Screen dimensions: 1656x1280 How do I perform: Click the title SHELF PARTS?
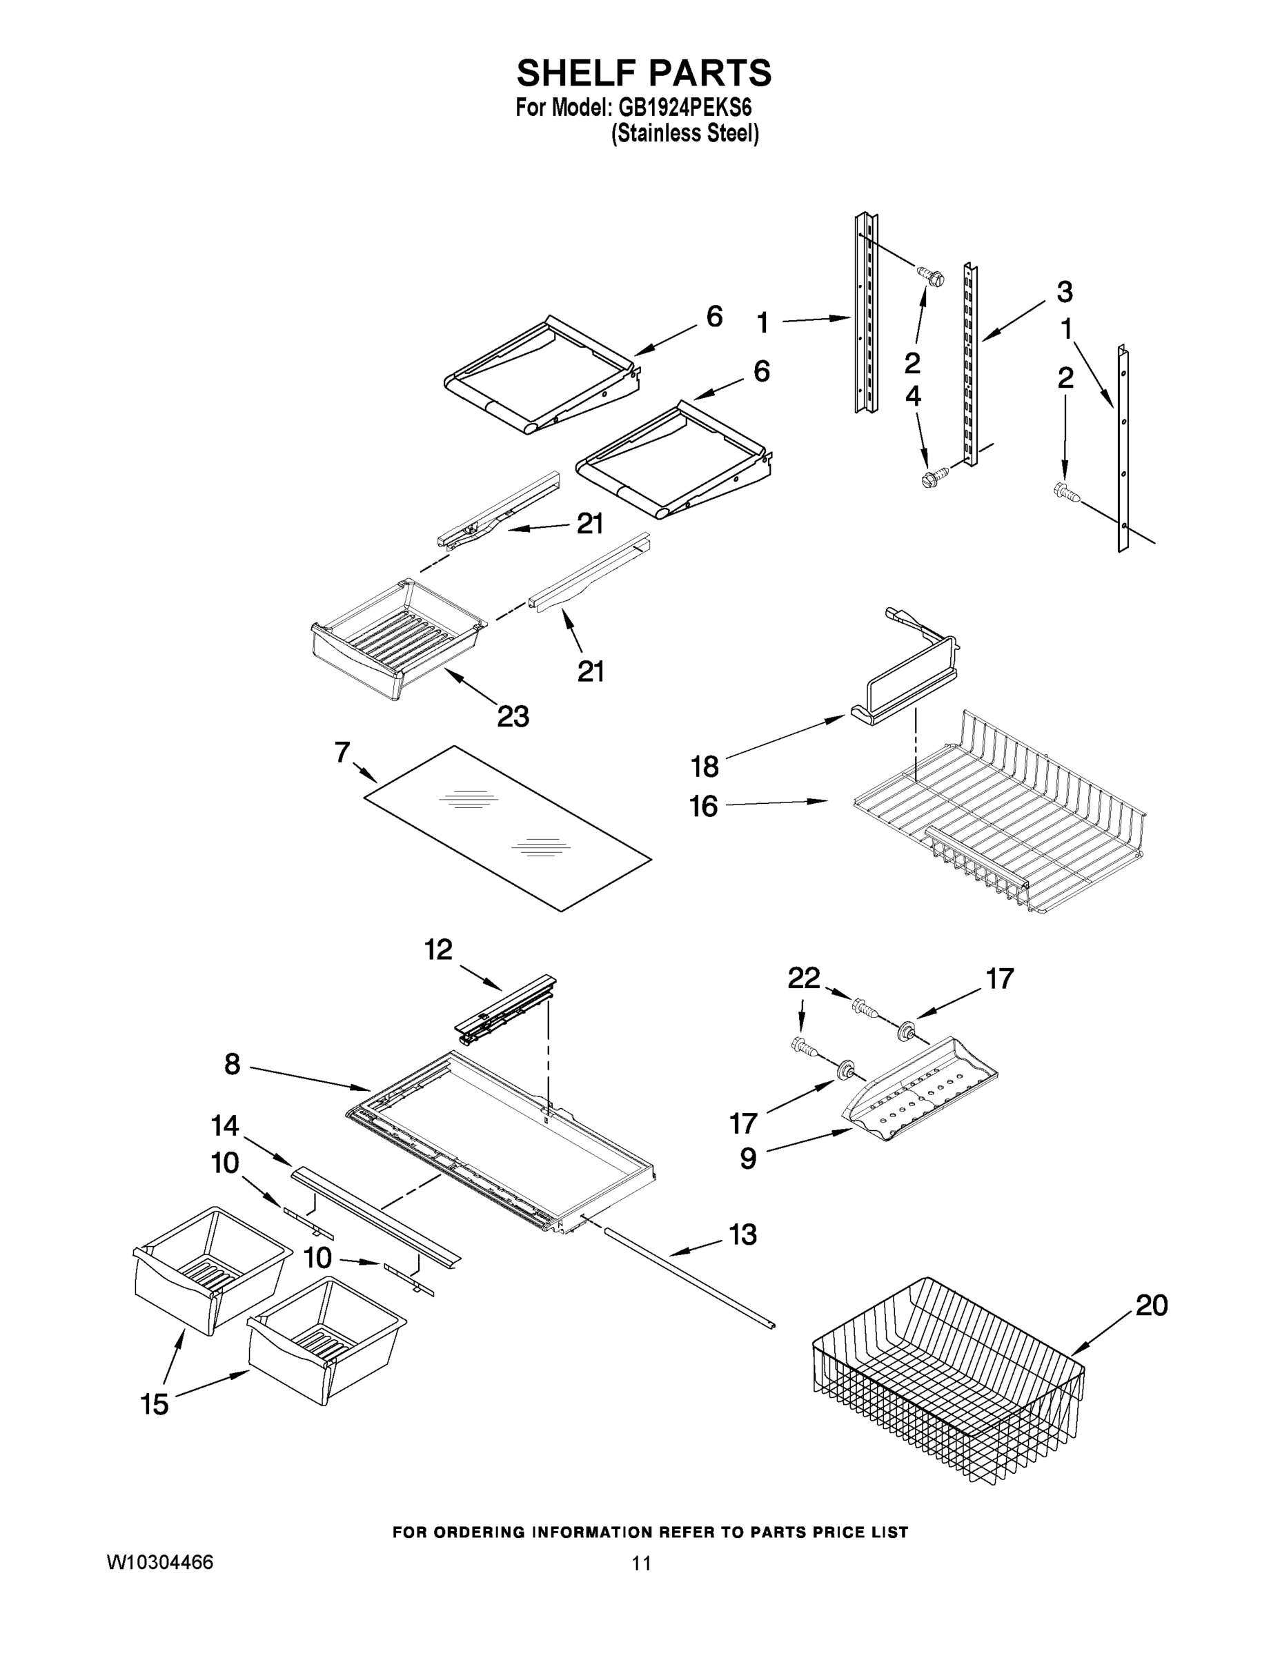pyautogui.click(x=644, y=74)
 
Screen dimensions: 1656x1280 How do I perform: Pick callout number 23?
pyautogui.click(x=513, y=716)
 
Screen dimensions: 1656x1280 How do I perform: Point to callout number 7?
pyautogui.click(x=342, y=752)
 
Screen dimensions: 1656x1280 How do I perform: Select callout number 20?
pyautogui.click(x=1151, y=1305)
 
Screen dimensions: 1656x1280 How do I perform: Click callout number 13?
pyautogui.click(x=742, y=1234)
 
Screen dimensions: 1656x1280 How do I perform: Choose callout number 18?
pyautogui.click(x=705, y=767)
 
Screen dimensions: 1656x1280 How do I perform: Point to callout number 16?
pyautogui.click(x=703, y=806)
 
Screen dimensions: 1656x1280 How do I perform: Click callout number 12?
pyautogui.click(x=438, y=949)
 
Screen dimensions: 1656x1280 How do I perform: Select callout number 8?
pyautogui.click(x=232, y=1064)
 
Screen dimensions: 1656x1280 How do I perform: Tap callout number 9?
pyautogui.click(x=748, y=1158)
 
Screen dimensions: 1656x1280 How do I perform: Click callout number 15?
pyautogui.click(x=155, y=1404)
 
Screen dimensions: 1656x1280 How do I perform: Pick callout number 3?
pyautogui.click(x=1064, y=291)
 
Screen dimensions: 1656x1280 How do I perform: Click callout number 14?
pyautogui.click(x=224, y=1125)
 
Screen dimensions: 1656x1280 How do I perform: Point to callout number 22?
pyautogui.click(x=804, y=978)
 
